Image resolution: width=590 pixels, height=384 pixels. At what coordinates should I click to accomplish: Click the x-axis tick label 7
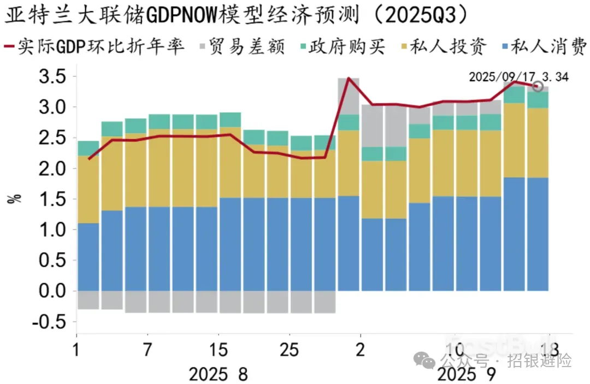click(x=147, y=350)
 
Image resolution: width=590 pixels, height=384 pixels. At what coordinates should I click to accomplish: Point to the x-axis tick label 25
click(x=289, y=350)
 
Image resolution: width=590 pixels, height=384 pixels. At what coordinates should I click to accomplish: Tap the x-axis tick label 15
click(x=218, y=350)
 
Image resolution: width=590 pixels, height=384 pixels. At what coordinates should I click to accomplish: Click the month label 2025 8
click(x=218, y=375)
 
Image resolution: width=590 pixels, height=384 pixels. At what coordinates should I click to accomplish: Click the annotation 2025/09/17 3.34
click(x=518, y=77)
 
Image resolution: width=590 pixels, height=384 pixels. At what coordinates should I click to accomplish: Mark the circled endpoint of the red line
click(x=538, y=86)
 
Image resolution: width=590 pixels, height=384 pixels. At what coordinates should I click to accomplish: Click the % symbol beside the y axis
click(x=15, y=198)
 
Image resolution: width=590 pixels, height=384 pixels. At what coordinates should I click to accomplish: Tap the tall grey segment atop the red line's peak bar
click(x=349, y=97)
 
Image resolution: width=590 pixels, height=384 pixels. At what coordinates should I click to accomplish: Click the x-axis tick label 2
click(x=360, y=350)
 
